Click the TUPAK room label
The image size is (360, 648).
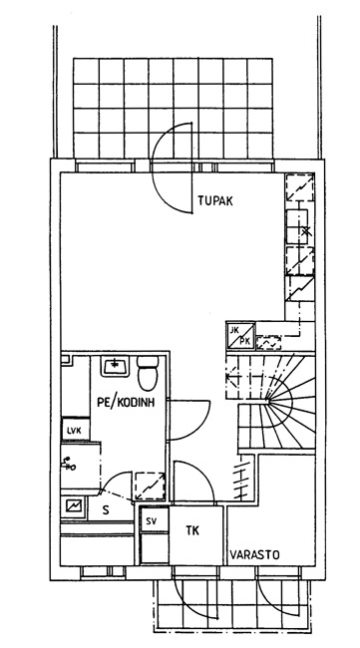point(215,201)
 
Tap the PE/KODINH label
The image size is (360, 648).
point(126,402)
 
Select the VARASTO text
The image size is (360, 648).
point(254,554)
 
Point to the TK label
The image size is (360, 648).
point(192,530)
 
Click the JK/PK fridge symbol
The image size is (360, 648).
point(240,335)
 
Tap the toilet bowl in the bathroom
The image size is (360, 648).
point(148,374)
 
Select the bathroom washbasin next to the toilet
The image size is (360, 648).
point(116,366)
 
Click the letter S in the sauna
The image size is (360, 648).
point(107,510)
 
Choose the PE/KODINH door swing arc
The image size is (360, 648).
point(200,426)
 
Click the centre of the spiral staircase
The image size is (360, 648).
point(268,401)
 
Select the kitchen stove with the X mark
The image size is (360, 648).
point(297,227)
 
